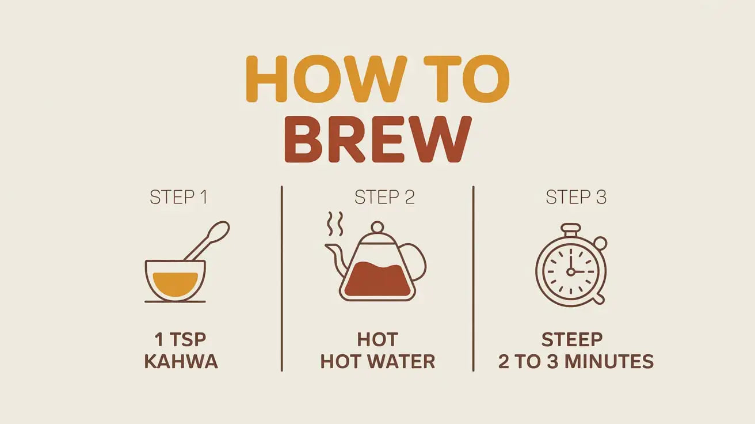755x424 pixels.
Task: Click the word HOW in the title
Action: tap(326, 79)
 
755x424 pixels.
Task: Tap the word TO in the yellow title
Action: tap(467, 79)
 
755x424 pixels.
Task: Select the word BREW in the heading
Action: tap(377, 139)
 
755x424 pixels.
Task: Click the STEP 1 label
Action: tap(178, 198)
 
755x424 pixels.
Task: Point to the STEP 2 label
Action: tap(384, 198)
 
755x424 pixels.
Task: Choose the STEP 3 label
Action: tap(576, 198)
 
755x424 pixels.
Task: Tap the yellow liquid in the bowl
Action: tap(176, 283)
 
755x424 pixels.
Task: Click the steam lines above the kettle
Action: tap(335, 224)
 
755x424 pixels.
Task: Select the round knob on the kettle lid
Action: tap(377, 226)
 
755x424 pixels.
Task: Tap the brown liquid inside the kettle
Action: tap(377, 279)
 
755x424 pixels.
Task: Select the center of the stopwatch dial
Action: tap(571, 271)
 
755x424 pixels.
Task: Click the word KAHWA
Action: tap(181, 362)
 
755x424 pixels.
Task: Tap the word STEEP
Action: tap(572, 340)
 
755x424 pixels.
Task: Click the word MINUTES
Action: tap(609, 362)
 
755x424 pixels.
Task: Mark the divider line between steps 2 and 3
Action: tap(473, 279)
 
